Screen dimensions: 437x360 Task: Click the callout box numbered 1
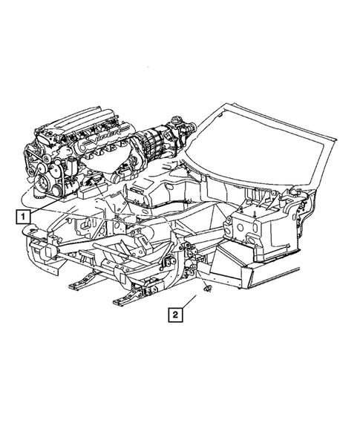coord(24,217)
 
